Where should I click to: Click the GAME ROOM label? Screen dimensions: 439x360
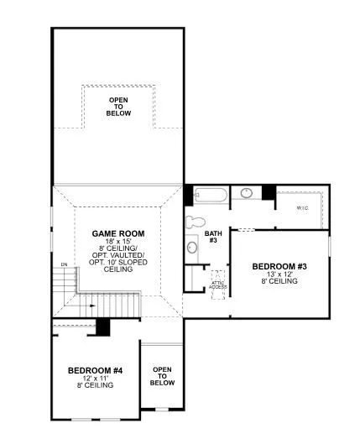[x=117, y=233]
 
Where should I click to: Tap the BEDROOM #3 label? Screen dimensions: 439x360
[x=279, y=266]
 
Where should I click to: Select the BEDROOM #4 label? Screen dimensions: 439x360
[x=95, y=369]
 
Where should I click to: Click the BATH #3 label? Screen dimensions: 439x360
[x=212, y=237]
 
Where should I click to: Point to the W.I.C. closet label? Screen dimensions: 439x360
[x=299, y=206]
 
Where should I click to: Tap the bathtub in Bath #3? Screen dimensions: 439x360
[x=210, y=196]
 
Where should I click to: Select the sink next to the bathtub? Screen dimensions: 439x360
[x=247, y=193]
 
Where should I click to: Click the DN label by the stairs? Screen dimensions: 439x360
[x=63, y=266]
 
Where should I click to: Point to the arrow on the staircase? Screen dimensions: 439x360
[x=91, y=306]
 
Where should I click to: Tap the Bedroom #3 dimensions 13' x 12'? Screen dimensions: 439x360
[x=279, y=274]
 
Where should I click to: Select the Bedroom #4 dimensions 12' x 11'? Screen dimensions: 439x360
[x=95, y=378]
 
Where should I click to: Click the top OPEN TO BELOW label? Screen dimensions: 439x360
[x=118, y=107]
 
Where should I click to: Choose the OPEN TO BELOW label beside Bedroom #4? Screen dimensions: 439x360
[x=162, y=376]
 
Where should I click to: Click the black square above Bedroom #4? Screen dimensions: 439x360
[x=104, y=326]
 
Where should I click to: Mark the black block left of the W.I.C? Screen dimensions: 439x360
[x=269, y=192]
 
